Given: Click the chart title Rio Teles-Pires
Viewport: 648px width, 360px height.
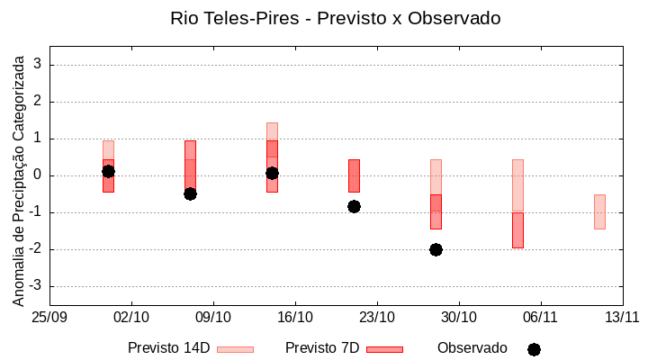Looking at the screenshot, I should point(335,18).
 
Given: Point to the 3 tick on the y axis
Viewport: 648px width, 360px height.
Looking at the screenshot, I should point(39,65).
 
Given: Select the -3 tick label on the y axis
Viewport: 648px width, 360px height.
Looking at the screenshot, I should point(36,286).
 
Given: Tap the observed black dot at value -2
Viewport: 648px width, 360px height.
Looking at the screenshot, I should point(436,249).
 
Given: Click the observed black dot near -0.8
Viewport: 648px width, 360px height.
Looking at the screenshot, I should point(354,206).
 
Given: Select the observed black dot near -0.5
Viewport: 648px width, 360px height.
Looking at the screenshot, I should point(190,193).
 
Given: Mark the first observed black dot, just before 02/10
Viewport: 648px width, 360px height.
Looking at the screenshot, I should point(108,171).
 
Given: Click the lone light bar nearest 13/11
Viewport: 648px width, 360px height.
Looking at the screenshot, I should point(599,211).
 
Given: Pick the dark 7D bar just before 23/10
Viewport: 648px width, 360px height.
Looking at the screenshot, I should point(354,175).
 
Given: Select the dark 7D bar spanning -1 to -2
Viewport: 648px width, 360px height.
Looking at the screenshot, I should point(517,230).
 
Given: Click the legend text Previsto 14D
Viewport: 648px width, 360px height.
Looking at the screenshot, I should point(168,348).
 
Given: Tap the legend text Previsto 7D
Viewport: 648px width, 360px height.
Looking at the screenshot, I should point(322,348).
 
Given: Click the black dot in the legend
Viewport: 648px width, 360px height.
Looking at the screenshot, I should point(534,349).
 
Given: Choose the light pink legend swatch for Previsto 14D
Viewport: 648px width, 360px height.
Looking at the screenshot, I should point(235,349).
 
